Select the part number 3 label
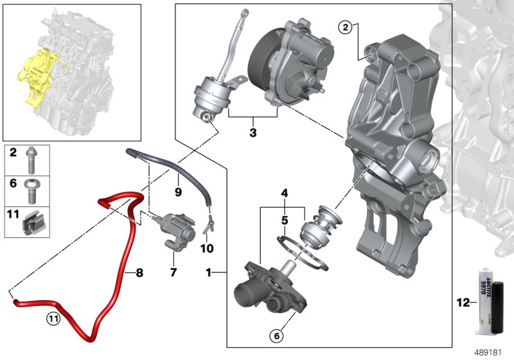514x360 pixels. pos(253,133)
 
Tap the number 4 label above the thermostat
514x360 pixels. pos(283,192)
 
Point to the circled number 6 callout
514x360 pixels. pos(276,334)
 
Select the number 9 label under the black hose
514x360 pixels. pos(179,191)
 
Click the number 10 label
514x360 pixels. pos(208,247)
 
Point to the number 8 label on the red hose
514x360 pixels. pos(138,273)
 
